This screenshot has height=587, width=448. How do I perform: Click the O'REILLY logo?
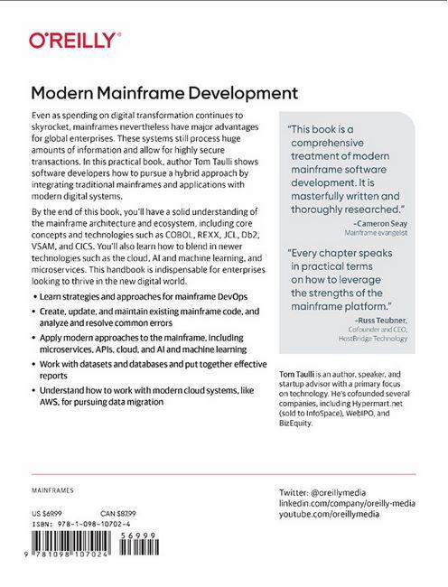point(73,40)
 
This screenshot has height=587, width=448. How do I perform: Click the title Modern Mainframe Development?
point(163,93)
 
